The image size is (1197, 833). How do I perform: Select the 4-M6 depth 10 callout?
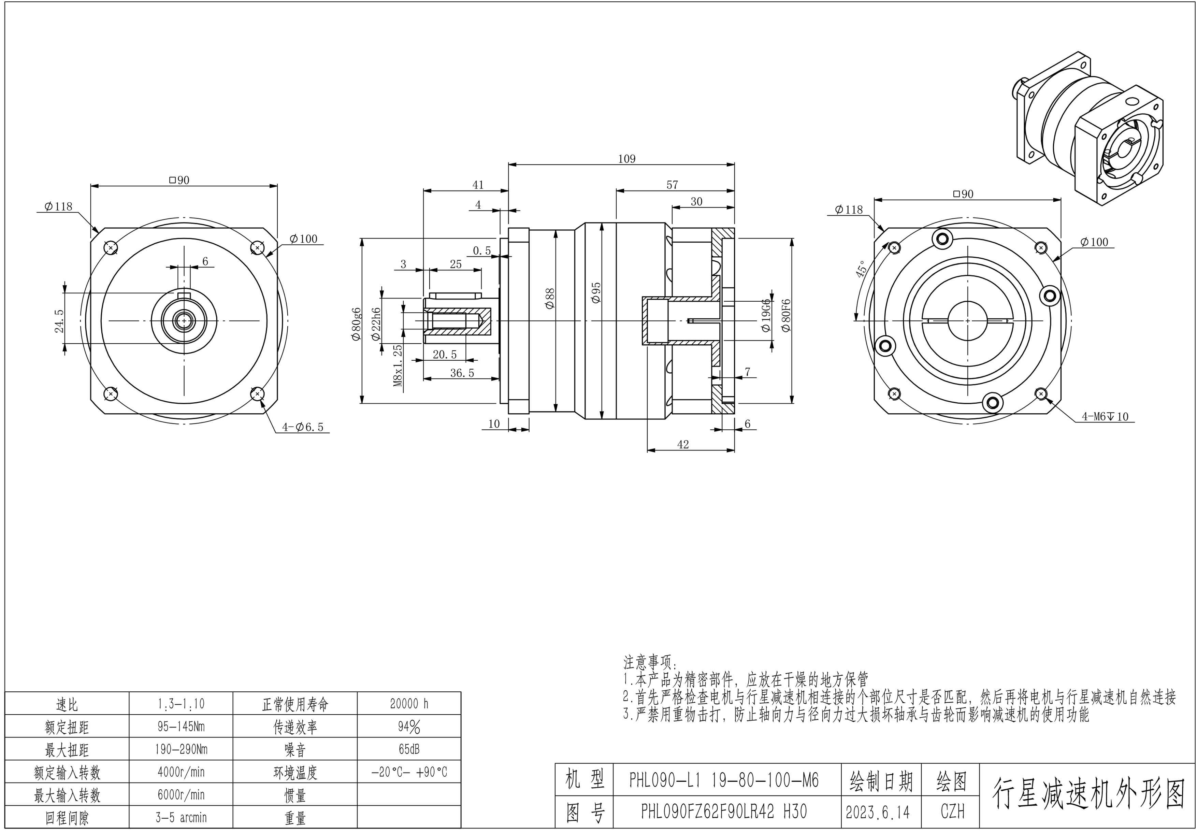pyautogui.click(x=1105, y=416)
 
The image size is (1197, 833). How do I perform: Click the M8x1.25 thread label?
pyautogui.click(x=398, y=365)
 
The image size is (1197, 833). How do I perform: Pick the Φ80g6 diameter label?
pyautogui.click(x=356, y=324)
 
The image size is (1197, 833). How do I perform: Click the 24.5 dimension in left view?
pyautogui.click(x=59, y=320)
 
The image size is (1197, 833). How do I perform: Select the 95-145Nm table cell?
pyautogui.click(x=181, y=726)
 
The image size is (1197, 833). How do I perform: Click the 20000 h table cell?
pyautogui.click(x=409, y=704)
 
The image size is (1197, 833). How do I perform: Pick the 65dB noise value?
pyautogui.click(x=409, y=749)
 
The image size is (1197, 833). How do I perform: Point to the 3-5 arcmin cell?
pyautogui.click(x=181, y=817)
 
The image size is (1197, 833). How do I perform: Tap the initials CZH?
pyautogui.click(x=952, y=812)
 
